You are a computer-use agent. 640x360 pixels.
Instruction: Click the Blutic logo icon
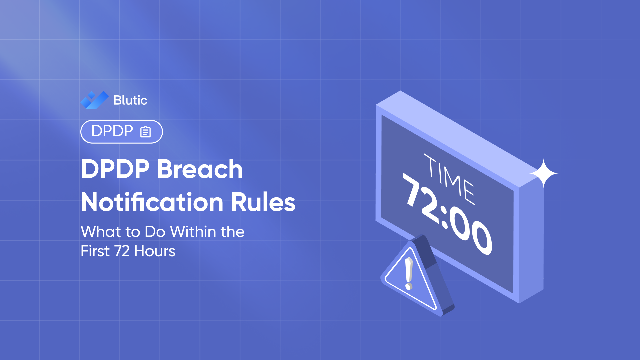(94, 100)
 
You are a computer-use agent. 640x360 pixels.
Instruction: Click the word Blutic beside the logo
(130, 100)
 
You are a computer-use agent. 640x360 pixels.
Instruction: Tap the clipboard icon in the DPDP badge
(145, 132)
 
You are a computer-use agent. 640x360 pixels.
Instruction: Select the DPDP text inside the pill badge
(112, 131)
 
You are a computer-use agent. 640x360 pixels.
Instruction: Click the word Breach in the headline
(200, 169)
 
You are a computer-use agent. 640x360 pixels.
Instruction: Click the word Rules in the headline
(263, 202)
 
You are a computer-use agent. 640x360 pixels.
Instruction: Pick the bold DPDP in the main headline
(115, 169)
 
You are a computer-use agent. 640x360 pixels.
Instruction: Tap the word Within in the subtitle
(193, 232)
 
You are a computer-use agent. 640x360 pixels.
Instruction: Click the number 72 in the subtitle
(122, 251)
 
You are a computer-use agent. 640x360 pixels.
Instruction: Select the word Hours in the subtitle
(155, 251)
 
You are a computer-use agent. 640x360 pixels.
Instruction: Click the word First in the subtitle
(95, 251)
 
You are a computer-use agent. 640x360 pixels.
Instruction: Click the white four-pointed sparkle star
(543, 173)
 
